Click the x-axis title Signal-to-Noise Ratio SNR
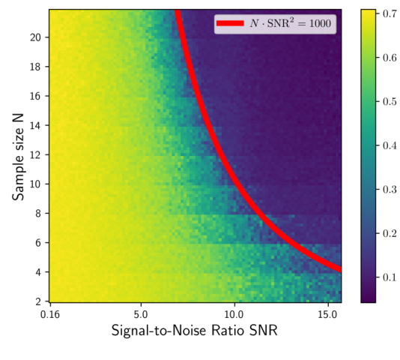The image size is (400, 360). pyautogui.click(x=195, y=331)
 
